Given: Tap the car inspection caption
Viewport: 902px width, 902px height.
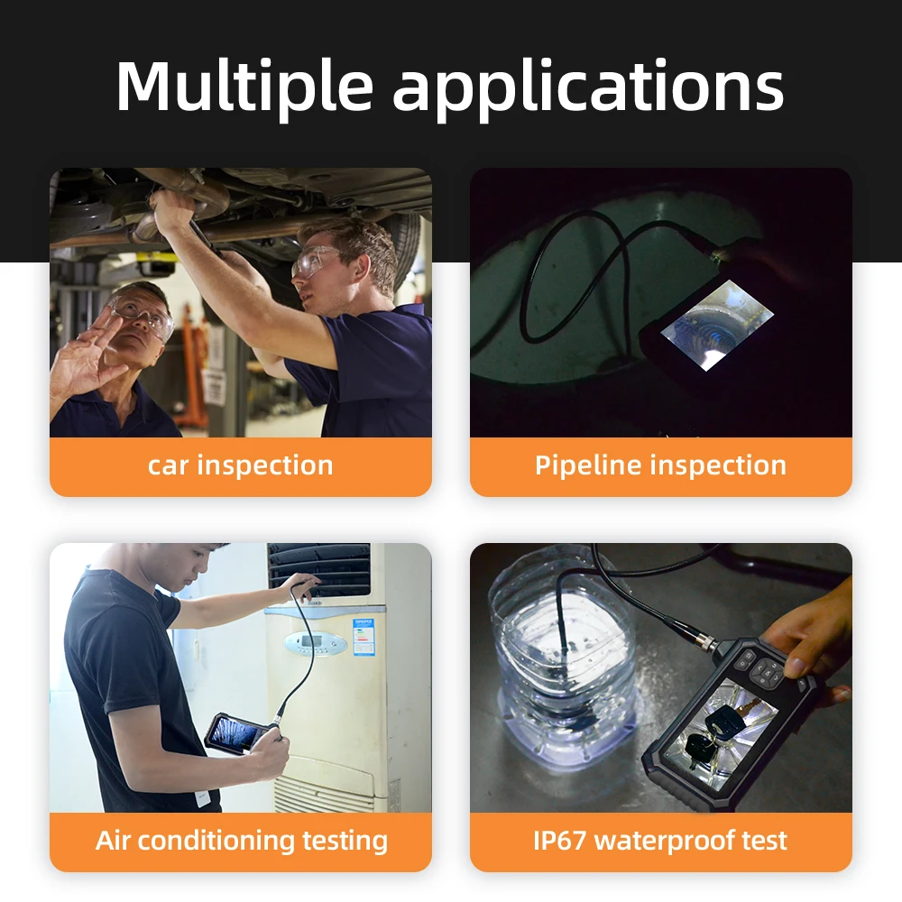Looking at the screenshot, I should [x=240, y=465].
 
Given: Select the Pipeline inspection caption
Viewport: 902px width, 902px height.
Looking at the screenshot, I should [x=660, y=465].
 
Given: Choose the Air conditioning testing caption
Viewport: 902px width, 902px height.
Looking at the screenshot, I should [x=242, y=841].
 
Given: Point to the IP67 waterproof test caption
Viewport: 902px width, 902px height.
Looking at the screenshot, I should [x=660, y=841].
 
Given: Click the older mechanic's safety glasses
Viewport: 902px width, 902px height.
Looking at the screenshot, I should [x=144, y=317].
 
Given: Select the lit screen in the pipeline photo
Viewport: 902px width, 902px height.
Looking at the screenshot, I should [x=704, y=325].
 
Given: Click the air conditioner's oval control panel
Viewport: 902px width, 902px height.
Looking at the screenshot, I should [x=316, y=643].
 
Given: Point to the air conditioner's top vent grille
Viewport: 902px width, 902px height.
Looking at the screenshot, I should [x=320, y=568].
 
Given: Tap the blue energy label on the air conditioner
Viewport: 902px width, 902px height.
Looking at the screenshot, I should [x=364, y=637].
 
